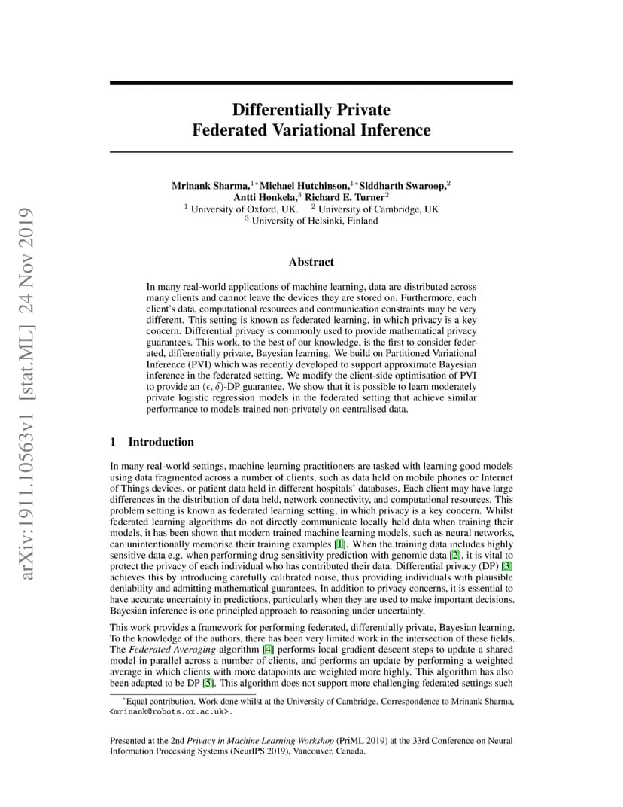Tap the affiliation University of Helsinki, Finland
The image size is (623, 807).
[315, 221]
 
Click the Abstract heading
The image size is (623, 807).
[311, 262]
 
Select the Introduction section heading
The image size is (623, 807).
[160, 442]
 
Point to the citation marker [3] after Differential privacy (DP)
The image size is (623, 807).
[508, 565]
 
